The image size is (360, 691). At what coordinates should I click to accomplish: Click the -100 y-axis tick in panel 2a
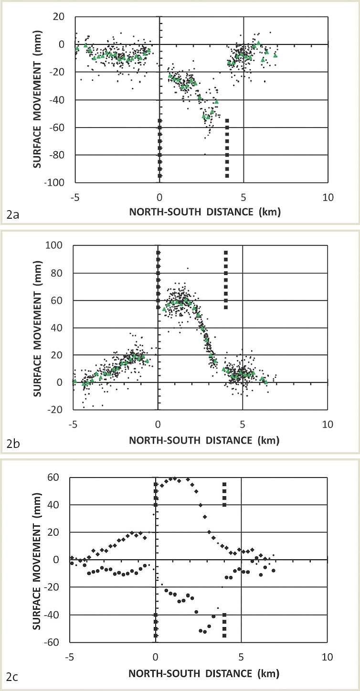[x=58, y=182]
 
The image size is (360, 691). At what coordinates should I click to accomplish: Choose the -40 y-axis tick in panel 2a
[x=60, y=100]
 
